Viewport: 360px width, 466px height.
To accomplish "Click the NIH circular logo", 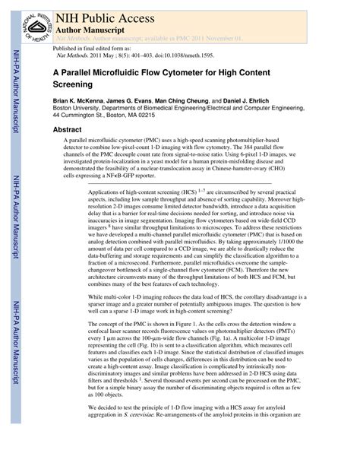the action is point(31,22).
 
